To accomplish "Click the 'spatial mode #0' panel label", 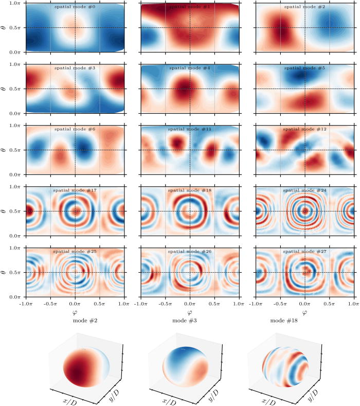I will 75,7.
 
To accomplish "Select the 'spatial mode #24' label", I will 304,190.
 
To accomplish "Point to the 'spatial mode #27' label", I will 304,252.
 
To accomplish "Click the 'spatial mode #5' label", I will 304,68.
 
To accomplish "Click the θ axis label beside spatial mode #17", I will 5,211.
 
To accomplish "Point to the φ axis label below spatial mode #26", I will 190,312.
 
